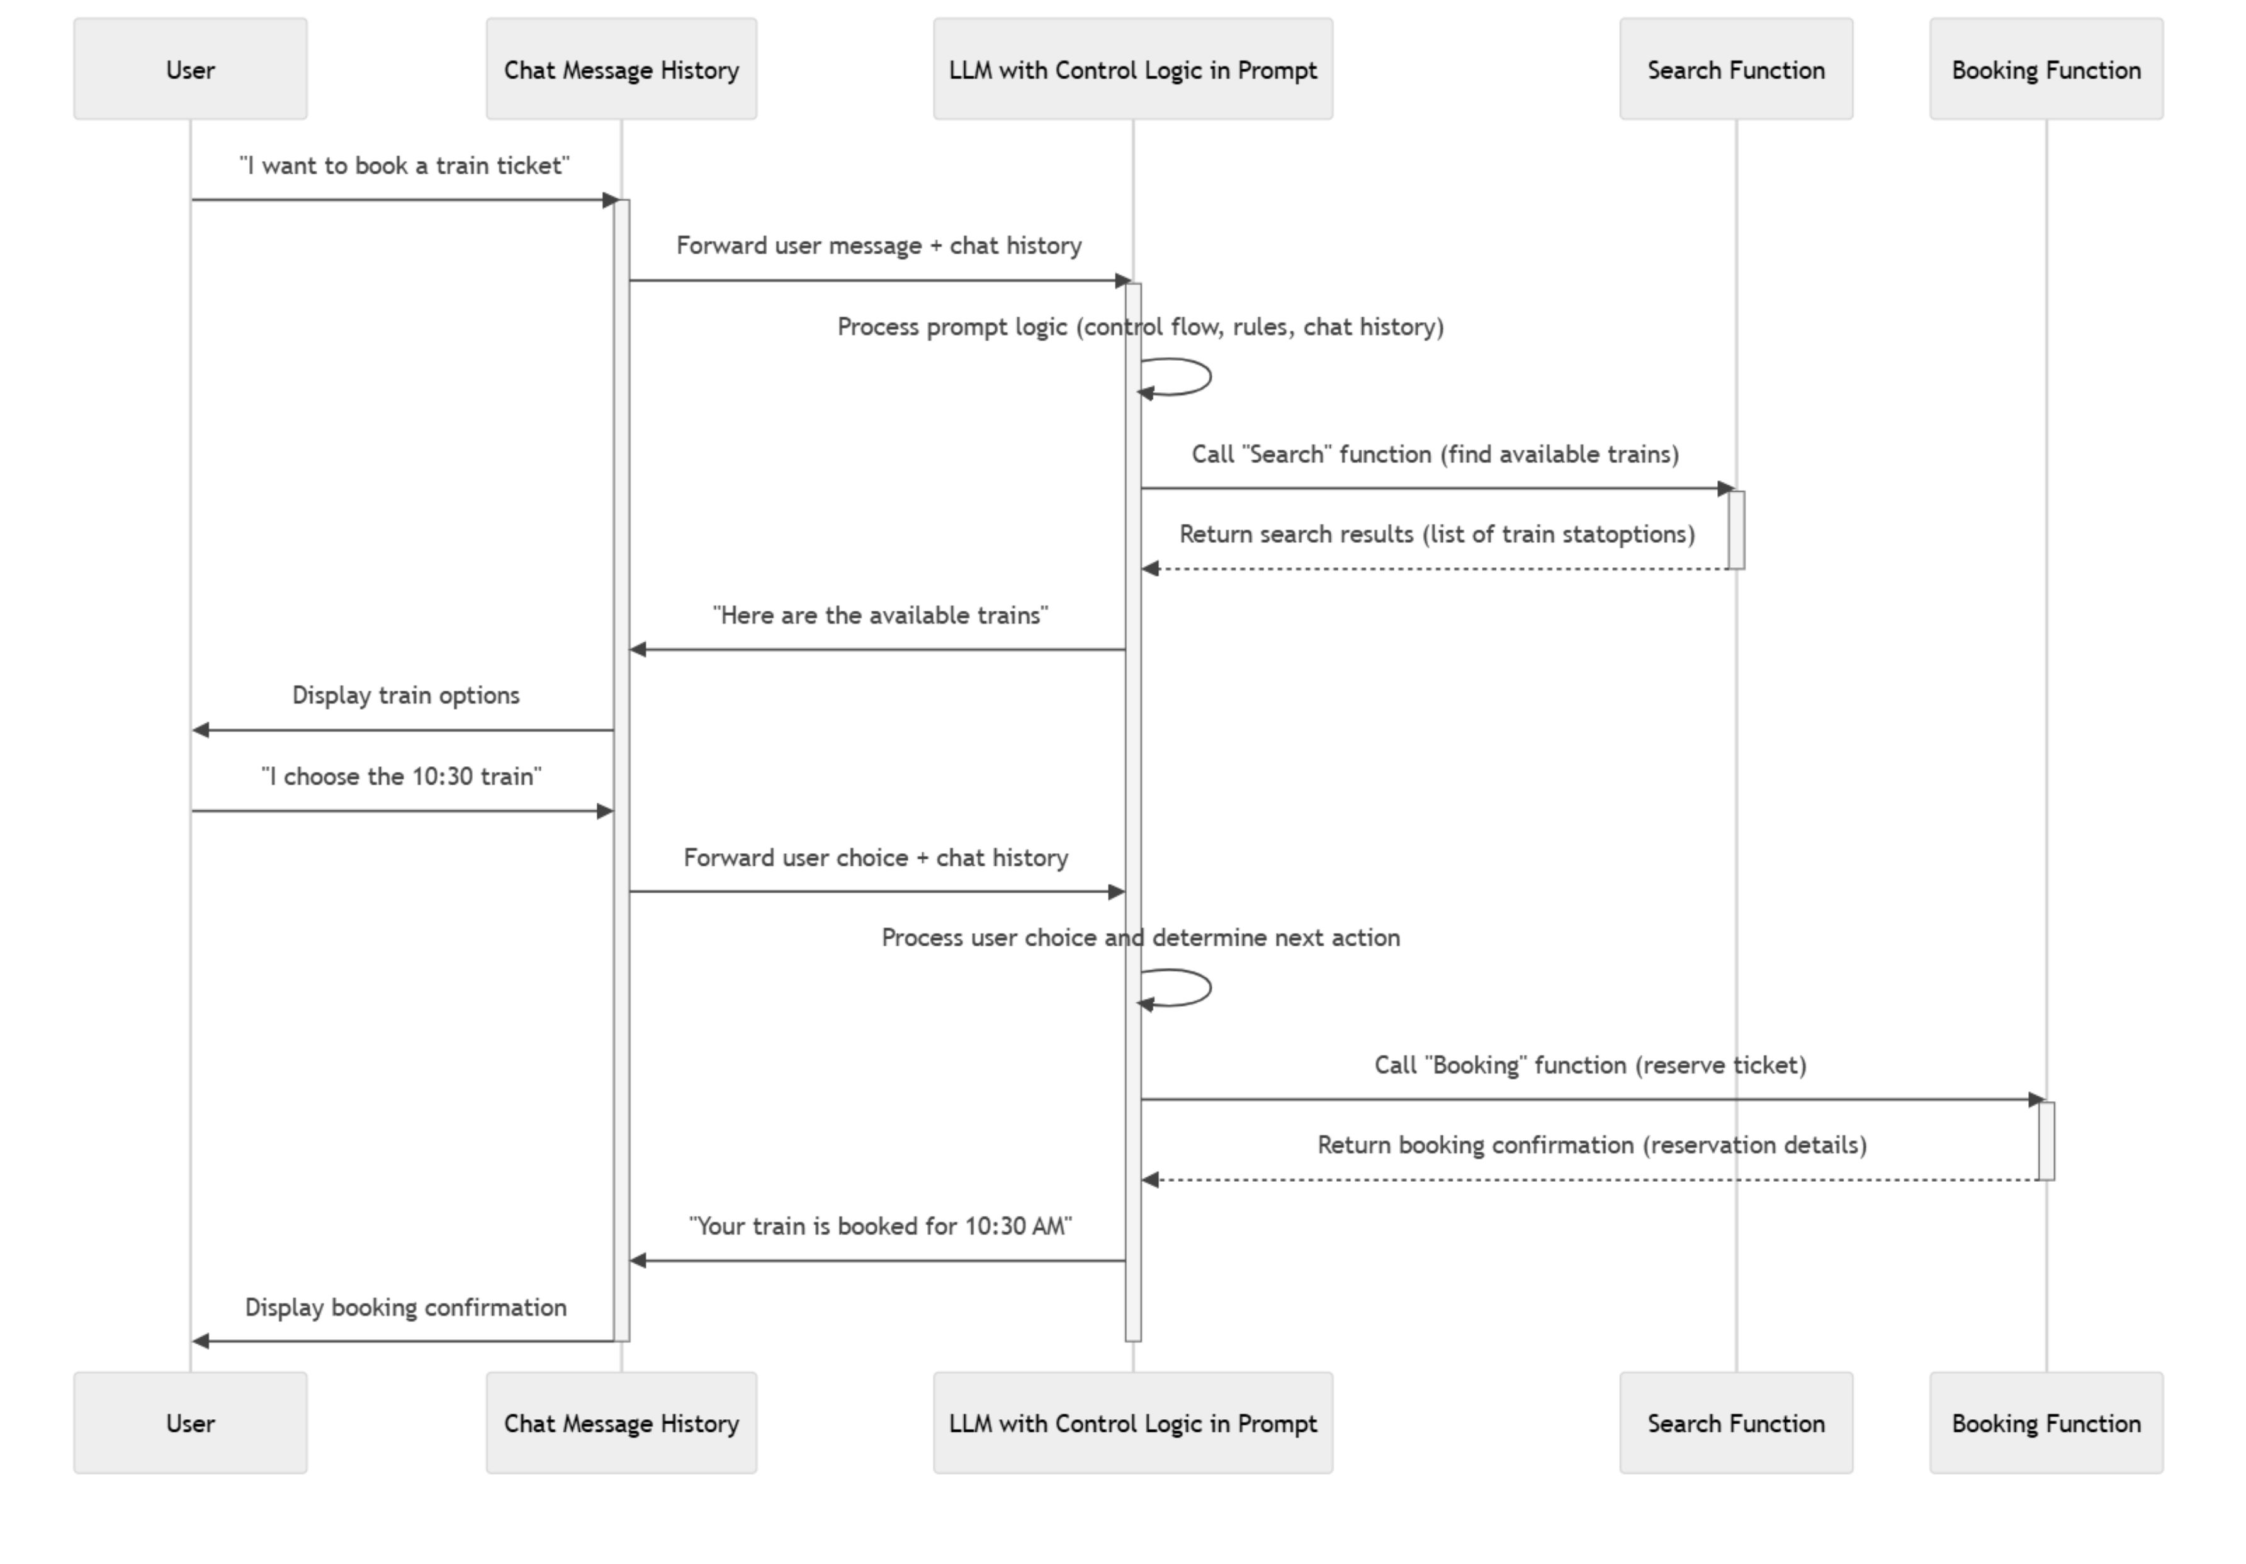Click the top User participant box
[x=189, y=69]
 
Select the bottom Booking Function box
[x=2045, y=1423]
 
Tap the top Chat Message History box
[x=621, y=69]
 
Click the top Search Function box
[x=1735, y=69]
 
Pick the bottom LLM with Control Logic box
[x=1133, y=1423]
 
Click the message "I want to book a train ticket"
[x=404, y=166]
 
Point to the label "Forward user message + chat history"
[x=878, y=246]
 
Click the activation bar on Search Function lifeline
[x=1736, y=530]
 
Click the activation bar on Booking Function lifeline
[x=2046, y=1141]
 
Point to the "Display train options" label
[x=406, y=695]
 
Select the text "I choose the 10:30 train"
[x=401, y=776]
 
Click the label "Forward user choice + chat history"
[x=876, y=858]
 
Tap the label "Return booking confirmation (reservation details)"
[x=1591, y=1145]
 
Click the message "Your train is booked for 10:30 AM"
[x=881, y=1227]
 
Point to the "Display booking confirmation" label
[x=406, y=1308]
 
